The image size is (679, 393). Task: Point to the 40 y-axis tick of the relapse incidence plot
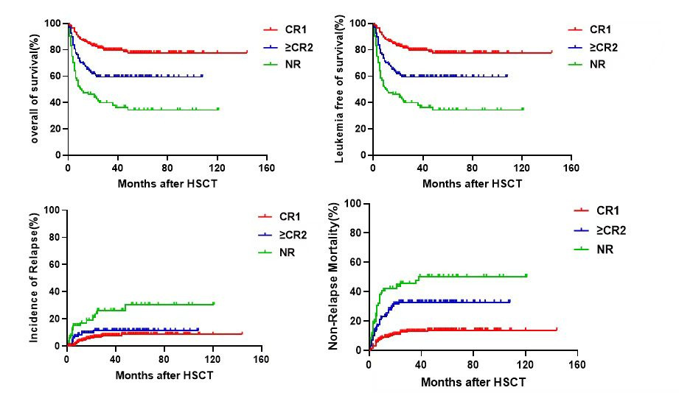53,291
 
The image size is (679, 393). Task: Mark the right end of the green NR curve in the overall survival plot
217,109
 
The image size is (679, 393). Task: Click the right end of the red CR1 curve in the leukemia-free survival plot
551,52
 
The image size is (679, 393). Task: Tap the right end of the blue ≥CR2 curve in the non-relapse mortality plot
509,301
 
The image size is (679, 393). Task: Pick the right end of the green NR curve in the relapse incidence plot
214,303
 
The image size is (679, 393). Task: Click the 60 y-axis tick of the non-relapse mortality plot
356,262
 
